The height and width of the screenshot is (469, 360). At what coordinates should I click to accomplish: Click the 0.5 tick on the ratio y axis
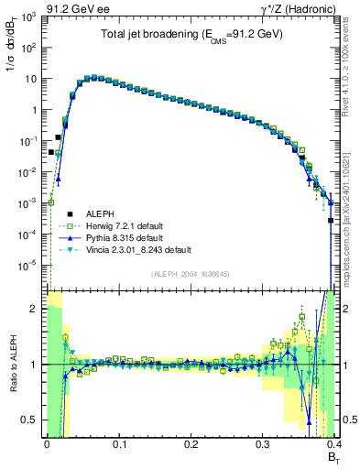pos(30,420)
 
